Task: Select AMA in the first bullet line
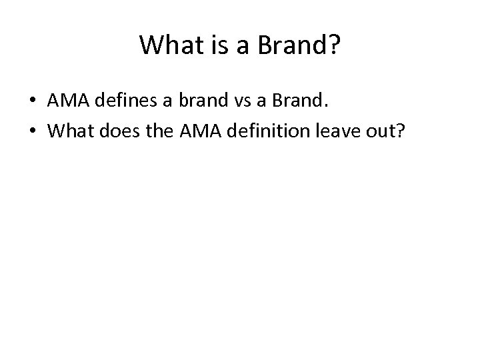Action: point(66,101)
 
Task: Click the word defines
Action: point(124,101)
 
